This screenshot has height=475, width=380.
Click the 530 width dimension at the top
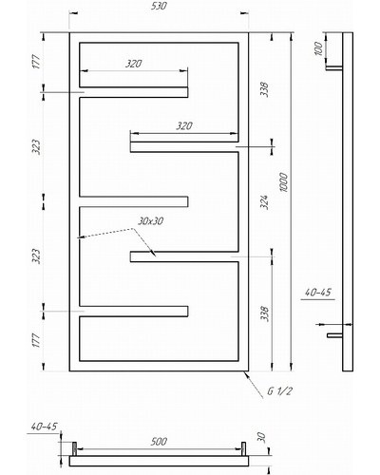(x=159, y=6)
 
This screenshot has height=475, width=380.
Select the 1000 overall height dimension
(x=284, y=182)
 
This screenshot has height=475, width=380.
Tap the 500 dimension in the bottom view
(x=159, y=441)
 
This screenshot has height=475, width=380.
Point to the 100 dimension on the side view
(x=318, y=48)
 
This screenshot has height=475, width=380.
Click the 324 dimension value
(x=264, y=202)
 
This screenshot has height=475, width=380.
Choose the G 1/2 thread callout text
(x=279, y=391)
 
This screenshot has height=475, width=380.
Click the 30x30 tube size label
(x=150, y=221)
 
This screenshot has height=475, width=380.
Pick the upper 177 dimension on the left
(x=36, y=62)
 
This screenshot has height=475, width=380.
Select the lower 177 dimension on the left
(x=36, y=340)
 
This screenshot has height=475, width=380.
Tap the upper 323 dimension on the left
(x=36, y=147)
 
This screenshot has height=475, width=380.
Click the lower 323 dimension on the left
(x=36, y=256)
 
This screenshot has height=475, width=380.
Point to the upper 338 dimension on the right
(x=264, y=89)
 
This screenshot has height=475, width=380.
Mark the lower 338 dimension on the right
(x=264, y=313)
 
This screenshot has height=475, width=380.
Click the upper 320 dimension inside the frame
(x=133, y=64)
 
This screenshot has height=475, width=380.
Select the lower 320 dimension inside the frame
(x=184, y=126)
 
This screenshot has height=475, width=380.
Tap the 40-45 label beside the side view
(x=317, y=293)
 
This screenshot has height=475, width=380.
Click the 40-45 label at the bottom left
(x=44, y=427)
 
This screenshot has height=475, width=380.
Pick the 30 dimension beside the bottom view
(x=261, y=437)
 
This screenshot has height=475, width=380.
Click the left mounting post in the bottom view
(x=75, y=449)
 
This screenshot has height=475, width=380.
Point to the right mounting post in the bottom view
(x=243, y=449)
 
